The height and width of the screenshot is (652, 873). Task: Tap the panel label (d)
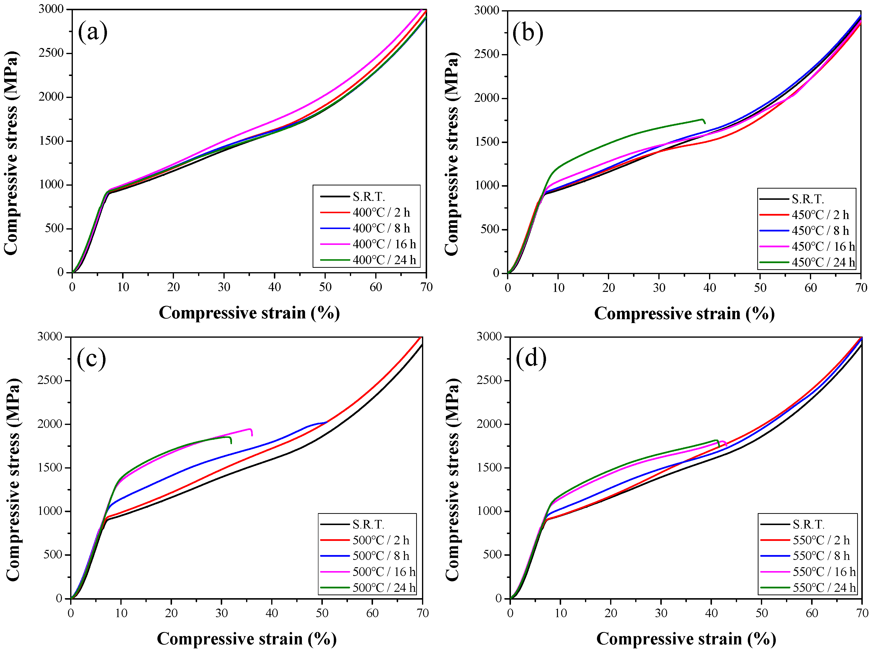pos(531,358)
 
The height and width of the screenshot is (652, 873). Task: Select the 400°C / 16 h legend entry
pos(384,244)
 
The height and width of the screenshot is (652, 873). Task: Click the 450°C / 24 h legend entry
pos(823,262)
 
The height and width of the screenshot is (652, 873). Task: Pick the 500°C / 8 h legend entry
pos(381,556)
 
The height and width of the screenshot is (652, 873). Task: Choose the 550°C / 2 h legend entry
pos(821,540)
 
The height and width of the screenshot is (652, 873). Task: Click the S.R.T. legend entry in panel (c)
pos(368,524)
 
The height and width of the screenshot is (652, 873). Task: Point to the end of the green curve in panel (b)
pos(705,124)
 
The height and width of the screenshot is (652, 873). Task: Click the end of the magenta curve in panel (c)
pos(252,435)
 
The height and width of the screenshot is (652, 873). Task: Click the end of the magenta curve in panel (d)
pos(727,446)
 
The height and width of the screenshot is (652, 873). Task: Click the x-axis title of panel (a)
pos(249,313)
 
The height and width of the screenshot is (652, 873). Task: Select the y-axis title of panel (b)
pos(451,153)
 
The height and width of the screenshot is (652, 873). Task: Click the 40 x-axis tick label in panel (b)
pos(710,288)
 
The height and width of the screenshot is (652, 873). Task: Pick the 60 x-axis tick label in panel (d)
pos(812,613)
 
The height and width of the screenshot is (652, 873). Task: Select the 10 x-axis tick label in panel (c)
pos(121,613)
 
